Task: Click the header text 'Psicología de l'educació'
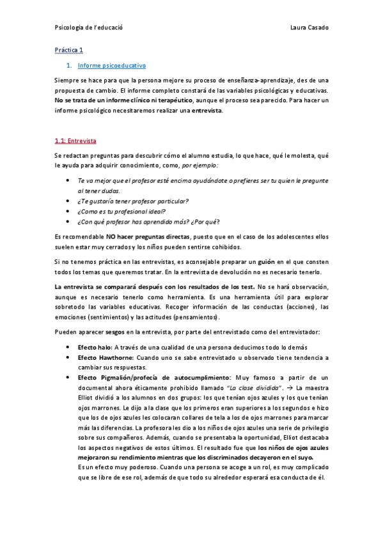point(89,27)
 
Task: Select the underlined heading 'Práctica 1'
point(68,50)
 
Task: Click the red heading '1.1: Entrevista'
point(75,140)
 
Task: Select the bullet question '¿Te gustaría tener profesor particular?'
point(133,201)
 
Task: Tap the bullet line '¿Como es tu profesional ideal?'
point(121,212)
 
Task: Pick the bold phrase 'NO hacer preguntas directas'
point(148,236)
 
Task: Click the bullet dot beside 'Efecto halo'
point(68,346)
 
